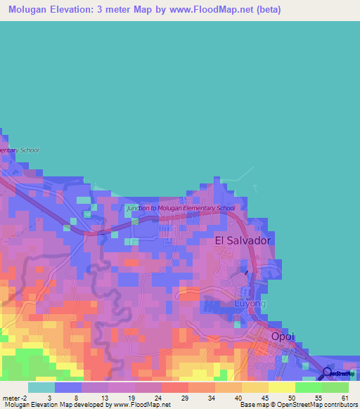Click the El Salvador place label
(243, 240)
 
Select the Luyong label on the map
(250, 304)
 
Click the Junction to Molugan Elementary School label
(181, 208)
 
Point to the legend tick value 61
(345, 397)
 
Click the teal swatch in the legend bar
(41, 387)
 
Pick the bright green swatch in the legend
(308, 387)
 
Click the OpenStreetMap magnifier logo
(328, 373)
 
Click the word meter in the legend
(11, 397)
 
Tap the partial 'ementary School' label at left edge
(19, 150)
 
